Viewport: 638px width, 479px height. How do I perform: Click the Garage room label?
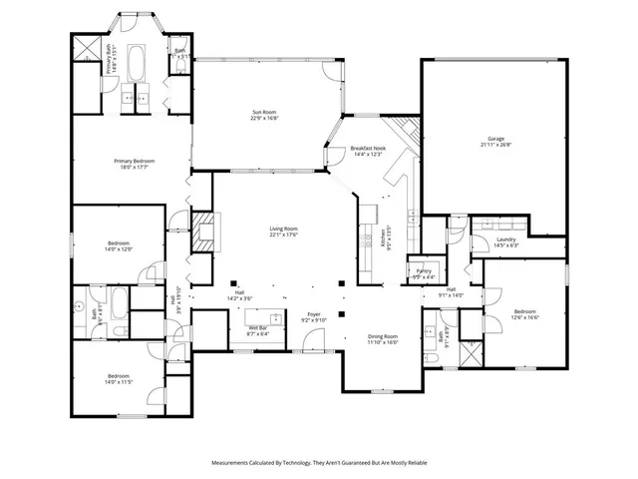pyautogui.click(x=494, y=141)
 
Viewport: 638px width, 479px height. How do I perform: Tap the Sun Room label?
pyautogui.click(x=264, y=115)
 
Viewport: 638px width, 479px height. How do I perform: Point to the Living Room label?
pyautogui.click(x=284, y=232)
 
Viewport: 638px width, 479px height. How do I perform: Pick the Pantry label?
pyautogui.click(x=424, y=272)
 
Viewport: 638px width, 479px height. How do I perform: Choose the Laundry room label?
pyautogui.click(x=505, y=241)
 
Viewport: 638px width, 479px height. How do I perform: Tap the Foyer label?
pyautogui.click(x=314, y=317)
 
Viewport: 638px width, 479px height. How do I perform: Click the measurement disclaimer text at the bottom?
pyautogui.click(x=319, y=463)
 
